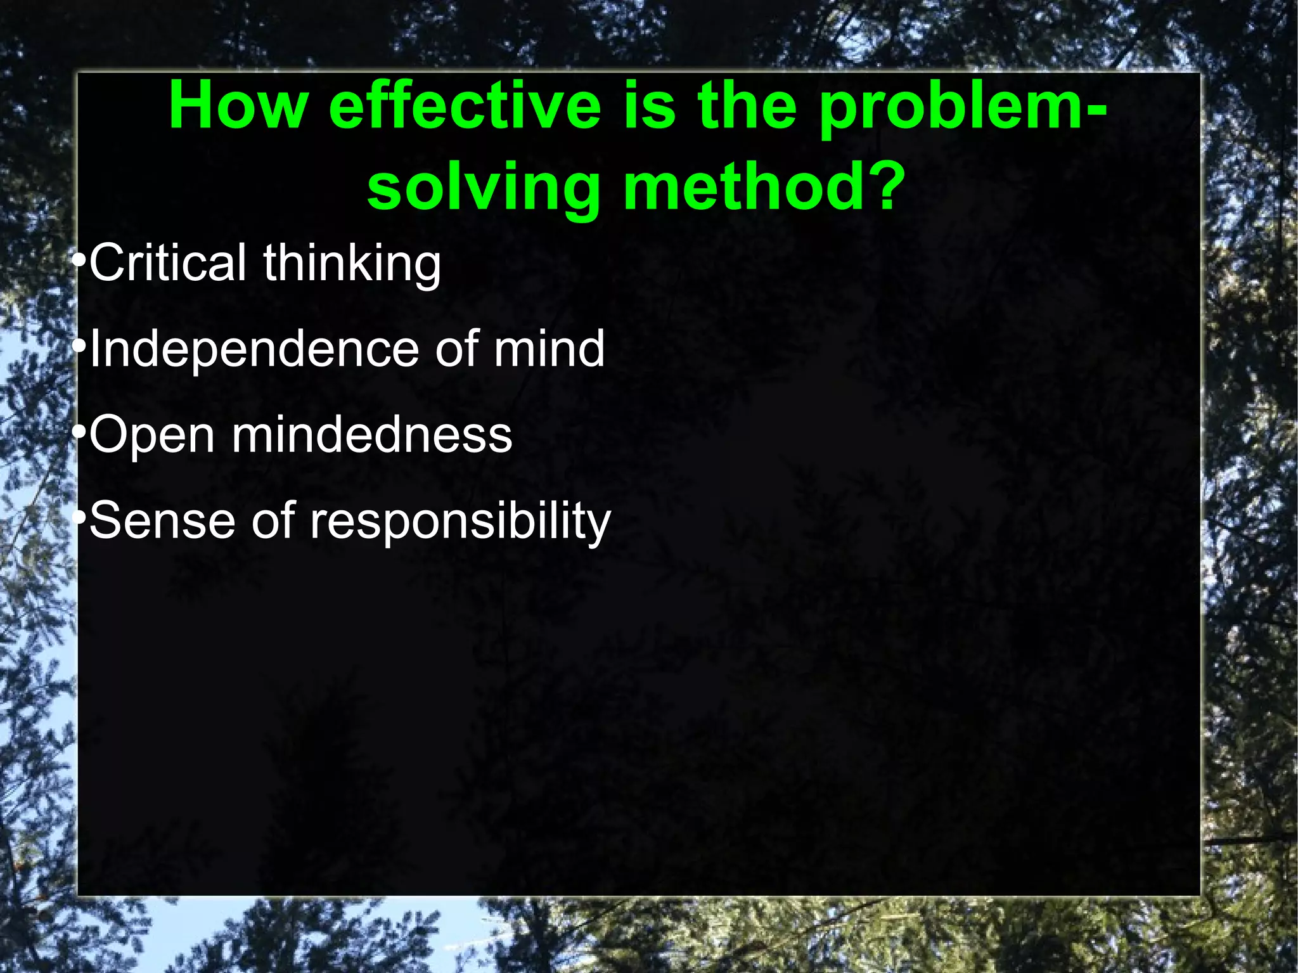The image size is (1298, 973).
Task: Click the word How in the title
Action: [238, 106]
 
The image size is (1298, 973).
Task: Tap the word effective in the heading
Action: [465, 106]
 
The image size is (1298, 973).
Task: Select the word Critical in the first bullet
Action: [168, 262]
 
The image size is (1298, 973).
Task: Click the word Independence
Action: [254, 349]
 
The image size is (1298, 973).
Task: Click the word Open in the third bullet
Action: [152, 437]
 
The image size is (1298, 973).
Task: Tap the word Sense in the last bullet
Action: [162, 520]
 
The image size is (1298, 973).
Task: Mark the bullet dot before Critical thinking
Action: [79, 261]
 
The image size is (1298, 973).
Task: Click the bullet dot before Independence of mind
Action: [79, 347]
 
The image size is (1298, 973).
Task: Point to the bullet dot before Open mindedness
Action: [79, 433]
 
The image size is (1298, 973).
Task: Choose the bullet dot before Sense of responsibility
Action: [79, 519]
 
